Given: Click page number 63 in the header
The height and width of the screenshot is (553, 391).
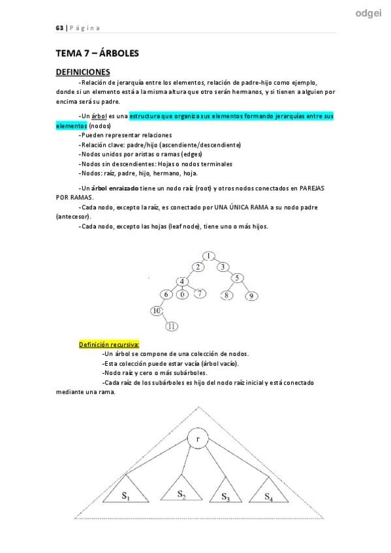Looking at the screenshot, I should pyautogui.click(x=59, y=28).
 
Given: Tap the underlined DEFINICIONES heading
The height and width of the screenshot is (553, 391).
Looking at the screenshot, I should pyautogui.click(x=83, y=72).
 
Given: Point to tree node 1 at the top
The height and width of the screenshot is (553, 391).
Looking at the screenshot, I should pyautogui.click(x=208, y=255).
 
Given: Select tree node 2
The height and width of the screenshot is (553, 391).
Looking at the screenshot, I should pyautogui.click(x=198, y=267).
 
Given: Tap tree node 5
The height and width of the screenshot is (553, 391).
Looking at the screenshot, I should pyautogui.click(x=238, y=278).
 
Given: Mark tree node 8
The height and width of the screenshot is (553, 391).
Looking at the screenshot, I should pyautogui.click(x=227, y=295).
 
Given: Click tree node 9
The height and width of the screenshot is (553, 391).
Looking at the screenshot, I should pyautogui.click(x=251, y=296).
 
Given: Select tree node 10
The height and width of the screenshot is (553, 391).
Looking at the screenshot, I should pyautogui.click(x=157, y=310).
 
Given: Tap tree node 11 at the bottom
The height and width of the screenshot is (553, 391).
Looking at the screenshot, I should pyautogui.click(x=172, y=326).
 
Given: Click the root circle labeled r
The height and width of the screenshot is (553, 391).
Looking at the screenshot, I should pyautogui.click(x=197, y=439).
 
